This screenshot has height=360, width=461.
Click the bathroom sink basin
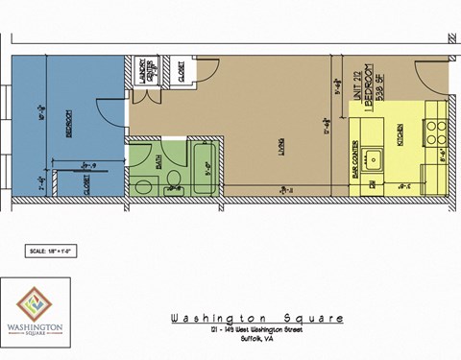[x=142, y=184]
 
